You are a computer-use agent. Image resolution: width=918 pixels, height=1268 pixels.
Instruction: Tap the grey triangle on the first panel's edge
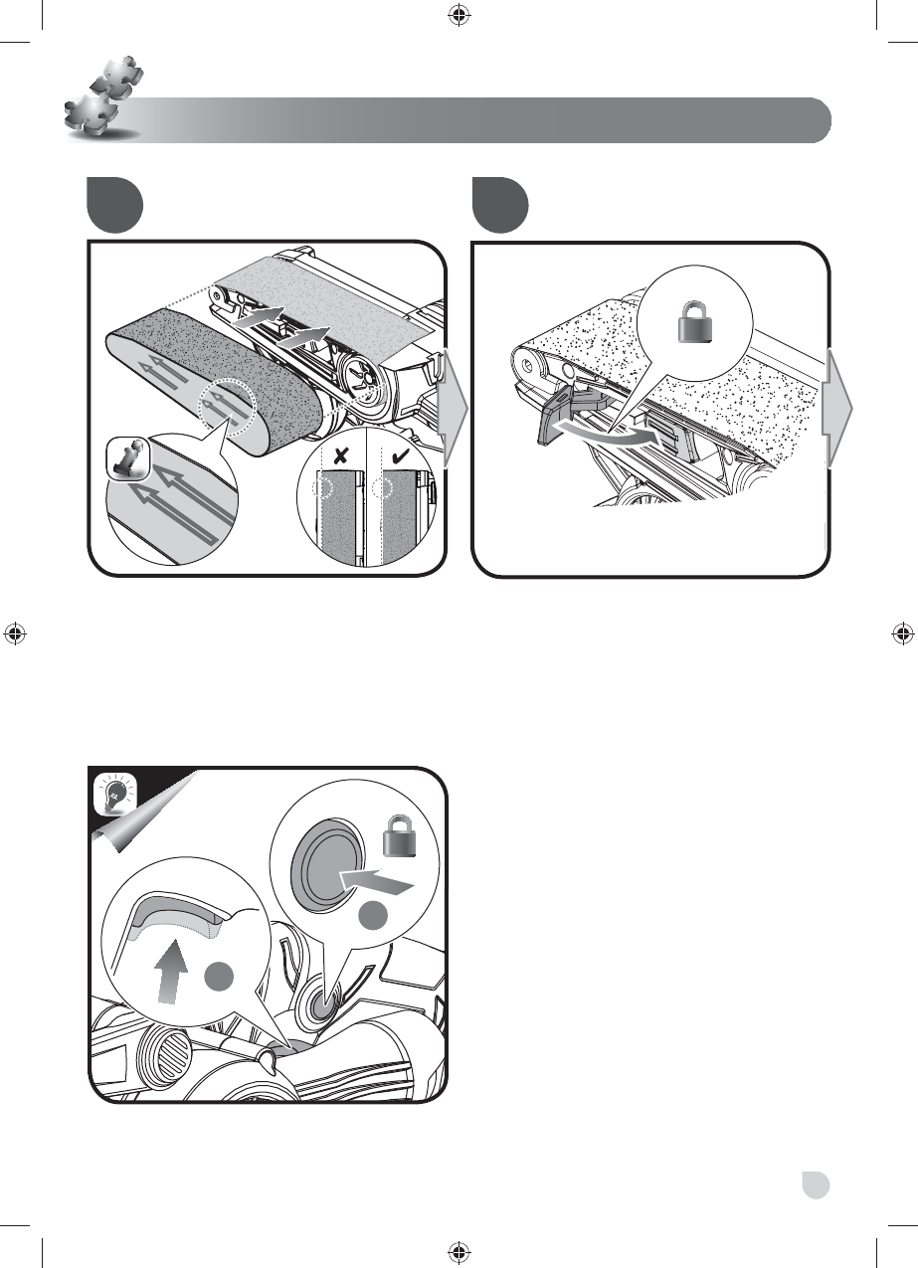click(453, 408)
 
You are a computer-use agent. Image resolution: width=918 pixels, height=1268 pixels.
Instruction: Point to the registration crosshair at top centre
click(459, 15)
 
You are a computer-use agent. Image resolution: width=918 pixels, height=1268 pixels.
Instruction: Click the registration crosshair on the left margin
click(16, 633)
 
